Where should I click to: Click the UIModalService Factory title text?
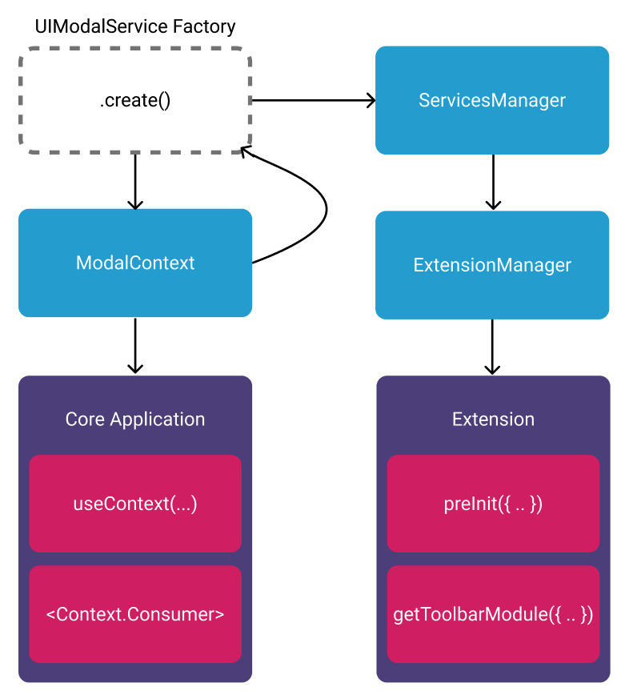click(135, 26)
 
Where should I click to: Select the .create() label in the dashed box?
click(135, 101)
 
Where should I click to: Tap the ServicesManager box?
click(492, 100)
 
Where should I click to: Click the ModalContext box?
click(135, 263)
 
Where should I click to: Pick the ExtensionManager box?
click(492, 265)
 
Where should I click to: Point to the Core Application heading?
click(135, 420)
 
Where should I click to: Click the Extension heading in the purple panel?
click(493, 420)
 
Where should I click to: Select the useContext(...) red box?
click(135, 504)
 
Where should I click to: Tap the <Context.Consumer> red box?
click(135, 614)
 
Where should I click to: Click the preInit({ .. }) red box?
click(493, 504)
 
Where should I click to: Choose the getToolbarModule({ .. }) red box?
click(493, 614)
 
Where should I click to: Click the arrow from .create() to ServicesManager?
click(314, 100)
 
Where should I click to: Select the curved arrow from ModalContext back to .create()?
click(327, 210)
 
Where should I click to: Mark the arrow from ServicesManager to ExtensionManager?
click(493, 182)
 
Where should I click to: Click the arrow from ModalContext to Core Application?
click(135, 345)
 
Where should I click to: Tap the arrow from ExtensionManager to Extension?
click(492, 347)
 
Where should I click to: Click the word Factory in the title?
click(204, 26)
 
